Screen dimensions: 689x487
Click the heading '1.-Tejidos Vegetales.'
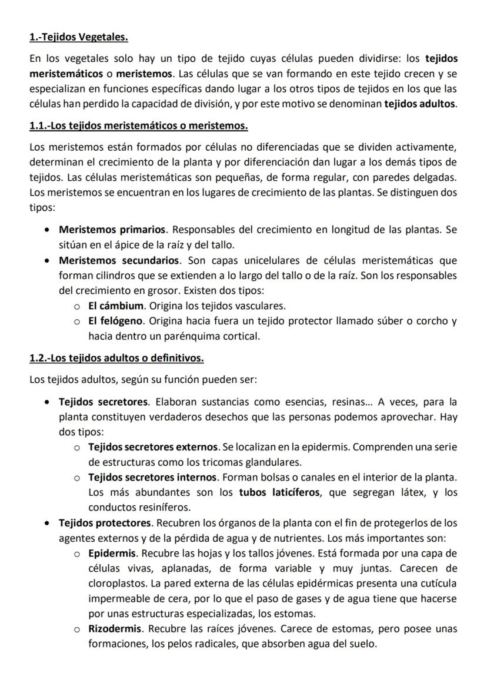[x=79, y=38]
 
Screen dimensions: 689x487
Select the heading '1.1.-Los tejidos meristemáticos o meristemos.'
[x=138, y=126]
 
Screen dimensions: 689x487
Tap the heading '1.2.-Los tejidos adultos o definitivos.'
[x=116, y=358]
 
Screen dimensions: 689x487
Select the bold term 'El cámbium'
[x=116, y=306]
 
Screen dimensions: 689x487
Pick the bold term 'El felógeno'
[x=116, y=322]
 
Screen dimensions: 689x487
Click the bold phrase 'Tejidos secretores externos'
[x=154, y=449]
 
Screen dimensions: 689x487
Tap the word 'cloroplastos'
[x=115, y=583]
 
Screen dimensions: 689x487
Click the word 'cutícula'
[x=436, y=583]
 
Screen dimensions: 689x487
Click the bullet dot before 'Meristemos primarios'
[x=46, y=230]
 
